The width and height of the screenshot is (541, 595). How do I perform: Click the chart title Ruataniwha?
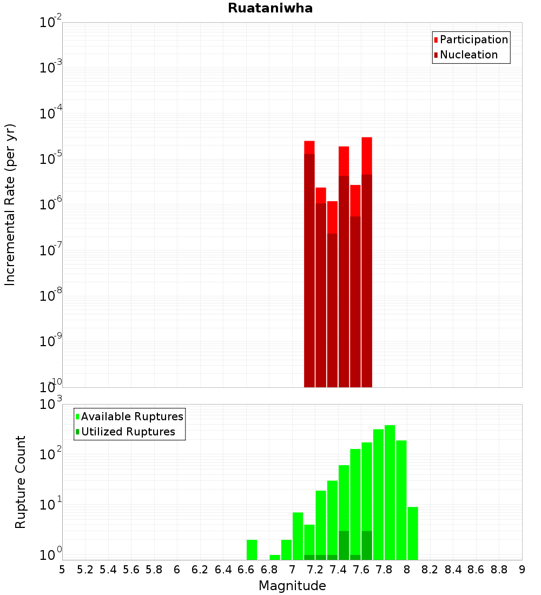(270, 9)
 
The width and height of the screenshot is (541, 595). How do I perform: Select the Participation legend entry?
(473, 39)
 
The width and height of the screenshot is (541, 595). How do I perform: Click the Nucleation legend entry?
(468, 55)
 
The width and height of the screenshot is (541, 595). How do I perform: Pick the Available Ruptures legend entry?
(131, 416)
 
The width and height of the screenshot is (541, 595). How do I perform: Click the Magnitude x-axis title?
(292, 586)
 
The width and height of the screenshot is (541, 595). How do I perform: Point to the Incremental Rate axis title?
(11, 205)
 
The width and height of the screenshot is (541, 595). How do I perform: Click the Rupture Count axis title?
(21, 481)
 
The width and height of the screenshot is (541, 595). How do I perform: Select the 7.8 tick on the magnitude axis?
(384, 570)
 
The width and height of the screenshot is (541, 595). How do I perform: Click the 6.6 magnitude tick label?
(246, 570)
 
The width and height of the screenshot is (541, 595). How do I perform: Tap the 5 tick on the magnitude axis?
(62, 570)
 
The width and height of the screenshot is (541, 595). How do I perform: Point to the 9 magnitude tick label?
(522, 570)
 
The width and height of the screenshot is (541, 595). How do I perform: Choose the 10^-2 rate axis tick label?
(51, 23)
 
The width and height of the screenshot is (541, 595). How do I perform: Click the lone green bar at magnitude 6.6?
(252, 550)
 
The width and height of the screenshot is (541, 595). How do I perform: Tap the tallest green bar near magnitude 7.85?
(390, 492)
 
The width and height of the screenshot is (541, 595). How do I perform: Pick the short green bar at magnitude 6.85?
(275, 557)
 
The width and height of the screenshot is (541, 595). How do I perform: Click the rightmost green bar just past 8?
(413, 533)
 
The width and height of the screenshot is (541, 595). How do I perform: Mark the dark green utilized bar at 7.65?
(367, 545)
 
